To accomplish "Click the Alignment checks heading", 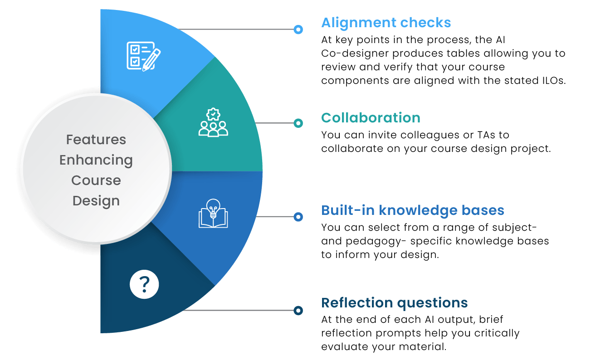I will click(386, 22).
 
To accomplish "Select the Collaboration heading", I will click(371, 118).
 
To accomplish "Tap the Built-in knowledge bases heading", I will click(413, 210).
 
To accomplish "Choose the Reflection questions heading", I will click(394, 302).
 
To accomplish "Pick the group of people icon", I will click(213, 122).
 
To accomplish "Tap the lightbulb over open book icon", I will click(213, 213).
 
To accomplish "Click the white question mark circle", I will click(144, 285).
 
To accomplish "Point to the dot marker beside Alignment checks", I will click(298, 29).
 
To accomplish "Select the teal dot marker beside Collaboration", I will click(298, 123).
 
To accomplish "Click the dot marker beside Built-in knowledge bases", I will click(298, 217).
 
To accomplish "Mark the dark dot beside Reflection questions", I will click(298, 311).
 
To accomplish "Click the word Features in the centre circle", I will click(96, 140).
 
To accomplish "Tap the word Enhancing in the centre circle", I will click(96, 160).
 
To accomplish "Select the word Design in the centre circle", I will click(96, 200).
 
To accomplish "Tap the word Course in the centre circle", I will click(96, 180).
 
